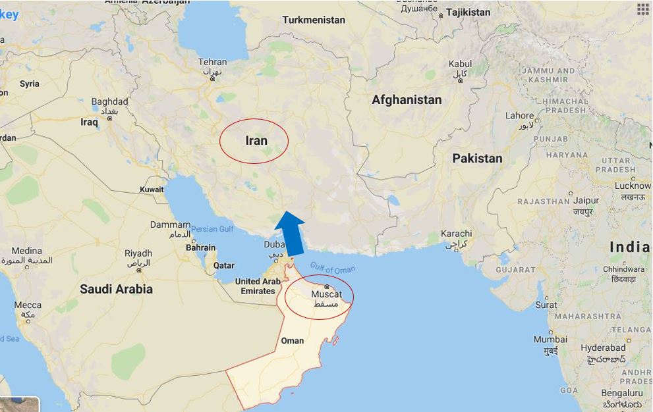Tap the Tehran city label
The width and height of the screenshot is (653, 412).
212,63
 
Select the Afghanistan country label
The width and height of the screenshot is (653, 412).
407,100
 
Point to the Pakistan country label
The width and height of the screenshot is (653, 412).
477,158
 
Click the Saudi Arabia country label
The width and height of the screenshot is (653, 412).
116,289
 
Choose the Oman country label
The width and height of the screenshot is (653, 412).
293,340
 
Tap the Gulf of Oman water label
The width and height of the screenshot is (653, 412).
333,270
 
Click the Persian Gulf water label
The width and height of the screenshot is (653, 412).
212,228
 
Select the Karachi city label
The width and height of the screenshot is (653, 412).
457,234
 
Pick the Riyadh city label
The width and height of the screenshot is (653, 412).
138,253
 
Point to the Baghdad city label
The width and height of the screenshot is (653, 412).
109,102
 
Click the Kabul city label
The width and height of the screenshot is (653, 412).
460,64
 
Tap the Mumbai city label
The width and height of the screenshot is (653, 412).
550,340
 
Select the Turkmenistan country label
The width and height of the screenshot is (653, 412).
314,20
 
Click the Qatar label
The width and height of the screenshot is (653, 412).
224,266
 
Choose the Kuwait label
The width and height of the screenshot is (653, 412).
152,190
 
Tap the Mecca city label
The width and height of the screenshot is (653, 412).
28,305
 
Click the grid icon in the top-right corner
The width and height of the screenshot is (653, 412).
642,9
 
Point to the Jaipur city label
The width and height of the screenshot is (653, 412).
586,201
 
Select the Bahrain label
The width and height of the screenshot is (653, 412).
200,248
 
